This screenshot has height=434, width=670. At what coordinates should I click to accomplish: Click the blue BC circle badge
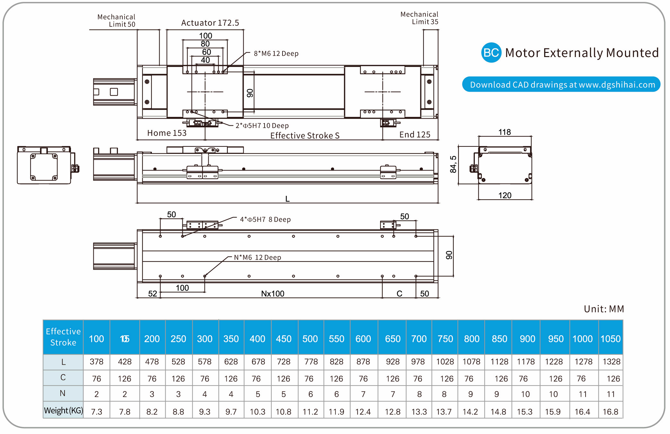click(491, 53)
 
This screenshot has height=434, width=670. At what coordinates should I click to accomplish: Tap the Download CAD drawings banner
click(561, 84)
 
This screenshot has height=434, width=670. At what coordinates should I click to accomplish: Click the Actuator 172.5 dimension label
click(210, 23)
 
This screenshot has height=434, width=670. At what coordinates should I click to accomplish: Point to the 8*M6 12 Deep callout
click(276, 54)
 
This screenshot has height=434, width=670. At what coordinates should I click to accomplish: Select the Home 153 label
click(167, 133)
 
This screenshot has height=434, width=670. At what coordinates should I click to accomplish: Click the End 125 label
click(414, 135)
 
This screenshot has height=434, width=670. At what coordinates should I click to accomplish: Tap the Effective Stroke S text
click(305, 136)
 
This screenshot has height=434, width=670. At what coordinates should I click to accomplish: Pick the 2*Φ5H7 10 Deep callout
click(262, 126)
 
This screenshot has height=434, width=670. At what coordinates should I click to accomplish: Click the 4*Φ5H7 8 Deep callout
click(265, 220)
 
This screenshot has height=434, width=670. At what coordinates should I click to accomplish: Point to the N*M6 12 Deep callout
click(257, 257)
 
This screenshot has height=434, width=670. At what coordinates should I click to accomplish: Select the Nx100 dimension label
click(273, 294)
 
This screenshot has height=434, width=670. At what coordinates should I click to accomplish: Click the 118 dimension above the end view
click(504, 132)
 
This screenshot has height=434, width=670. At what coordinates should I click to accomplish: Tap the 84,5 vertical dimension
click(453, 164)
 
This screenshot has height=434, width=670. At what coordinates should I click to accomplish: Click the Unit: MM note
click(604, 309)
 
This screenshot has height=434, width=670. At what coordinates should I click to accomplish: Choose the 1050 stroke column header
click(610, 339)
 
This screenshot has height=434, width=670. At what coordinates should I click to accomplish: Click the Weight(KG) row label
click(63, 411)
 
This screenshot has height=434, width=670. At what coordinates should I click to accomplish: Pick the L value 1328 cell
click(611, 362)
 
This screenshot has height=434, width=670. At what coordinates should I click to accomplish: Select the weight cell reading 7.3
click(96, 412)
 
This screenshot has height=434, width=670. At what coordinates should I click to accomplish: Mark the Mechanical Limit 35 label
click(419, 18)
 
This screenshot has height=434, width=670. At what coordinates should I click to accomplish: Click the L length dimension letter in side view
click(287, 199)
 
